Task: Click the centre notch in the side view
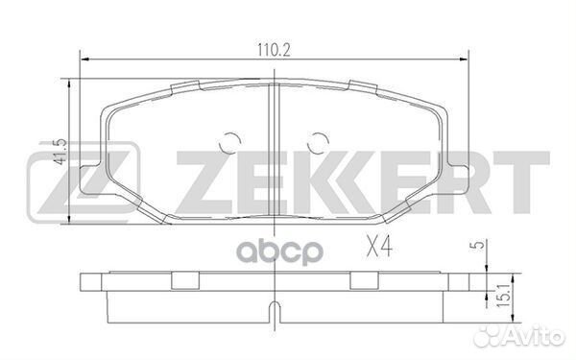[272, 310]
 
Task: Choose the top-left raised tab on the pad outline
[182, 88]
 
